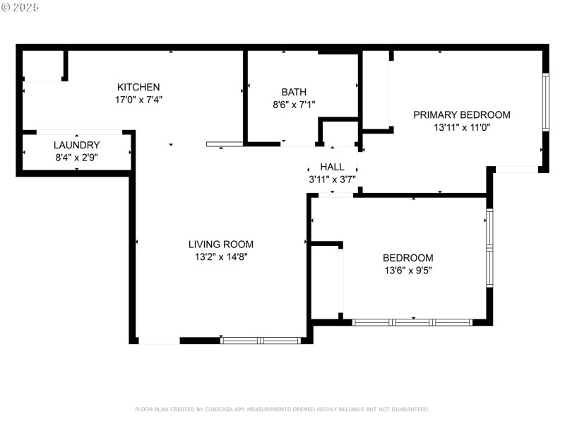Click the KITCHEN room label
point(138,87)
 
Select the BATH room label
point(294,92)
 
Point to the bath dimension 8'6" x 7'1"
point(294,105)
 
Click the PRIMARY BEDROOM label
point(461,114)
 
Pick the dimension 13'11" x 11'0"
point(461,127)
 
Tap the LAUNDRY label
point(77,145)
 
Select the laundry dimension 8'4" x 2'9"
point(77,158)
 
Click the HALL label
point(332,167)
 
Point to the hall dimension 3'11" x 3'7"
point(332,179)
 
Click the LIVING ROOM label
point(221,245)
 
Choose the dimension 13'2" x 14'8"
point(221,257)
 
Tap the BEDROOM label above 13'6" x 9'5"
point(408,258)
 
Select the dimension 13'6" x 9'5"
point(408,271)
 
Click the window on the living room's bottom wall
point(261,341)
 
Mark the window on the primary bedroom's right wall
point(545,102)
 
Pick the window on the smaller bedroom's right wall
point(489,248)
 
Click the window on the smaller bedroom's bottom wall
point(412,322)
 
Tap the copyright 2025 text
point(21,7)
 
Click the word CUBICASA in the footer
point(218,409)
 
